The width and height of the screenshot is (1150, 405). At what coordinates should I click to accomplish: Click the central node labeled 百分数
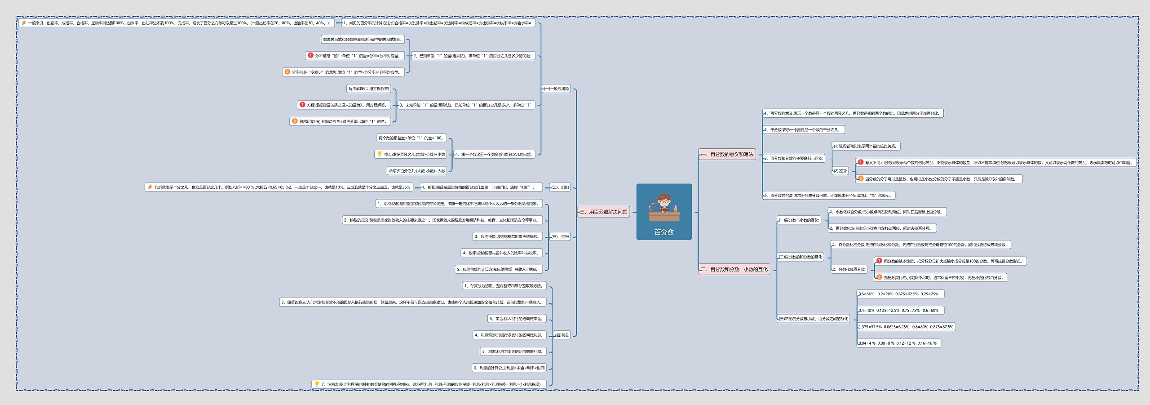(663, 232)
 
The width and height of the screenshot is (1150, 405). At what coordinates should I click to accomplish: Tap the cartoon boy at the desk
(664, 208)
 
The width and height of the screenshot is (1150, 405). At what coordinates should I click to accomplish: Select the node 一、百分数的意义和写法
(727, 155)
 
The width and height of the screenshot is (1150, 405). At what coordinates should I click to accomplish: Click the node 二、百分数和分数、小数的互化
(734, 270)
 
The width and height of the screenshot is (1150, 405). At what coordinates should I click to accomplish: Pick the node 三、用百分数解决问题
(603, 212)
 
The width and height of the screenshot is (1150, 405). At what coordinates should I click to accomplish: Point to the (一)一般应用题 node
(556, 89)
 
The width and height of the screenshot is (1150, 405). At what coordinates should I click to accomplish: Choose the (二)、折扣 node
(560, 187)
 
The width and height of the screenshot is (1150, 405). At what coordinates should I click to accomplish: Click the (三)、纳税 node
(560, 237)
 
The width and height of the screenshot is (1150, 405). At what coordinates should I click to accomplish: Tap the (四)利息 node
(562, 335)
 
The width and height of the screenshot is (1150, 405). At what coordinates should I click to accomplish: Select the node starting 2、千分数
(803, 130)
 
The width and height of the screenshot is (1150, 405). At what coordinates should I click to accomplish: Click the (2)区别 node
(840, 171)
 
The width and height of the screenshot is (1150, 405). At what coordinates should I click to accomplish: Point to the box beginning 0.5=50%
(900, 294)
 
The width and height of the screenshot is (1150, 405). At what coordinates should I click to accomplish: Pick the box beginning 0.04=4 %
(898, 343)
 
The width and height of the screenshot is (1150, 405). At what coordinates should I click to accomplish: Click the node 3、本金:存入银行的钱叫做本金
(517, 319)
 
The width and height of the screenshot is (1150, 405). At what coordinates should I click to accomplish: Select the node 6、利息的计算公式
(509, 368)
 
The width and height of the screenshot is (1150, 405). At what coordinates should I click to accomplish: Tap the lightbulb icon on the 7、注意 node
(317, 384)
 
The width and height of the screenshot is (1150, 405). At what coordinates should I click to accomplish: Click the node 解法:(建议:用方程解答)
(369, 89)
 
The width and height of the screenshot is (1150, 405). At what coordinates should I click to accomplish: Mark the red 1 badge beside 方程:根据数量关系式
(302, 105)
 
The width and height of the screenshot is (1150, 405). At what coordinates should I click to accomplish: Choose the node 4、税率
(501, 253)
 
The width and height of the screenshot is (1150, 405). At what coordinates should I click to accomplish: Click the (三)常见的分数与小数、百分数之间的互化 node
(813, 319)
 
